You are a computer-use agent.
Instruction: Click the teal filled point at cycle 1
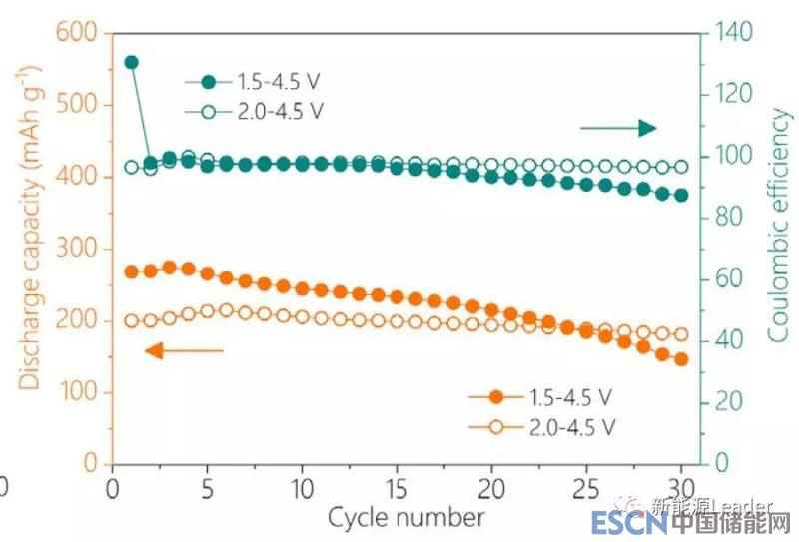(131, 62)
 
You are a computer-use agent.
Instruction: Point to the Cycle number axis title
(405, 517)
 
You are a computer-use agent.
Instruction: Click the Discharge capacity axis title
(30, 227)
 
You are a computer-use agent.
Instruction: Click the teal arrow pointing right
(618, 127)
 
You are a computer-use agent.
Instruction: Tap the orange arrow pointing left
(184, 350)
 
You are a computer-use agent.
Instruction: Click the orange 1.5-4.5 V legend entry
(540, 397)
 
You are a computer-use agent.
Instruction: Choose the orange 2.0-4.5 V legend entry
(540, 427)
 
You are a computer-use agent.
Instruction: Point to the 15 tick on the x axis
(397, 490)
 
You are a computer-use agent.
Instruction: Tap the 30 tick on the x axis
(681, 490)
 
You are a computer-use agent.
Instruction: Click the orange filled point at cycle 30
(681, 359)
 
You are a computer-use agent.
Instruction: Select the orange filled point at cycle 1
(131, 271)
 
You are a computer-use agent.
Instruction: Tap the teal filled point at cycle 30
(681, 196)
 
